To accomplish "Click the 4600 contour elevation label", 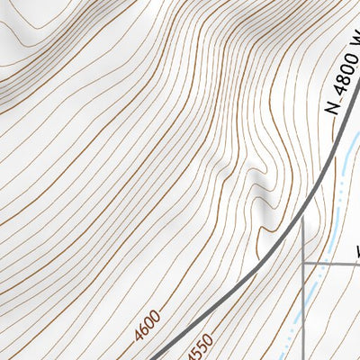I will [148, 325].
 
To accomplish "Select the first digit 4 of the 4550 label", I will [189, 354].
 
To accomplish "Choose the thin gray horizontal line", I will [333, 264].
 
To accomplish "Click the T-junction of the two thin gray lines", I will [303, 264].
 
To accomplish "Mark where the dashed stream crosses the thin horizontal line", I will [326, 264].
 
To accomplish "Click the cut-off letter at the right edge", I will [356, 249].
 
